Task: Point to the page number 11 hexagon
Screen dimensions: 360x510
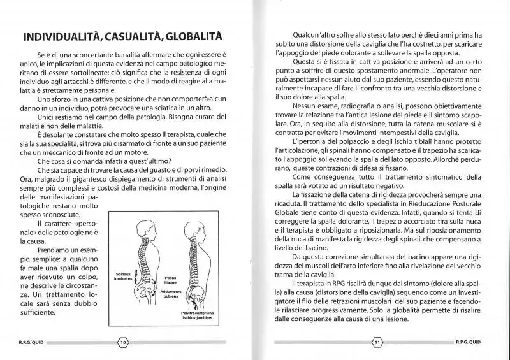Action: click(377, 343)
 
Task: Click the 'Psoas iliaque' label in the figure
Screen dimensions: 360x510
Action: click(171, 281)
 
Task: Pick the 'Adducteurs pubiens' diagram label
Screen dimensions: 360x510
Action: click(170, 295)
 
